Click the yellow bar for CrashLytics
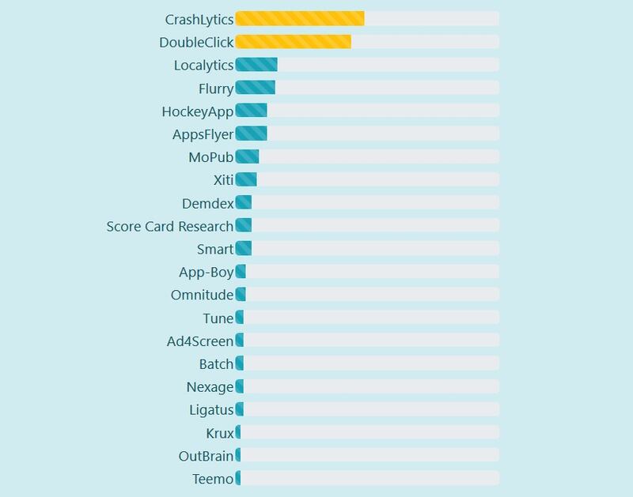point(300,18)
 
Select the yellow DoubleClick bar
point(294,42)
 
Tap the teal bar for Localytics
point(256,65)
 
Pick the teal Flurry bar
point(255,88)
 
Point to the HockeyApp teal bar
point(251,111)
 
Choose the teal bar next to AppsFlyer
point(251,134)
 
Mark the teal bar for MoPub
point(247,156)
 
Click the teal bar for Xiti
point(246,179)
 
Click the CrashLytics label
point(199,19)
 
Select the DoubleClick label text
point(196,42)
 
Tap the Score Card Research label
point(170,226)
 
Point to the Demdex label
point(207,203)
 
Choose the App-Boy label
point(207,272)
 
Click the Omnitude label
point(202,295)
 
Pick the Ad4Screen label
point(200,341)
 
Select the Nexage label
point(210,387)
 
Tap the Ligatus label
point(211,410)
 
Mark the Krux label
point(219,433)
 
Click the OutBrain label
point(206,456)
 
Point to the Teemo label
point(213,479)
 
